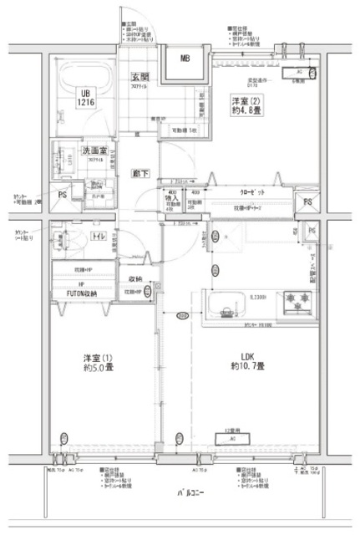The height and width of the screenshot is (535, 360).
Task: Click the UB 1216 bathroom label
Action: click(x=86, y=97)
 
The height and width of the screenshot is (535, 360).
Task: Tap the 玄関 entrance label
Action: click(x=139, y=78)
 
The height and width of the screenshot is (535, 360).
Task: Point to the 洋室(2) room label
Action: click(x=247, y=100)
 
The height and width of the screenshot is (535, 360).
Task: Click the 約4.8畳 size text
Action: click(x=247, y=114)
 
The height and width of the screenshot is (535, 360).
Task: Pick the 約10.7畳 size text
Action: click(x=247, y=367)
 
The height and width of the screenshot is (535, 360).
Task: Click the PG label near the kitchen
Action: click(x=311, y=230)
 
